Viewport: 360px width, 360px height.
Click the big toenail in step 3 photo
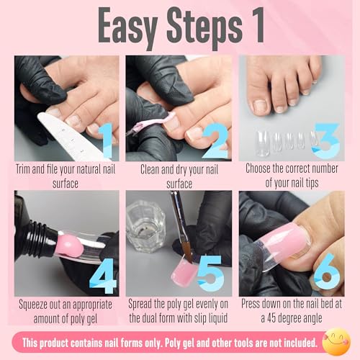[x=261, y=106]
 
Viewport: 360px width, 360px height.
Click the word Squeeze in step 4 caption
[x=35, y=305]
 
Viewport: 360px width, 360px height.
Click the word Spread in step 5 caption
[x=144, y=305]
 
